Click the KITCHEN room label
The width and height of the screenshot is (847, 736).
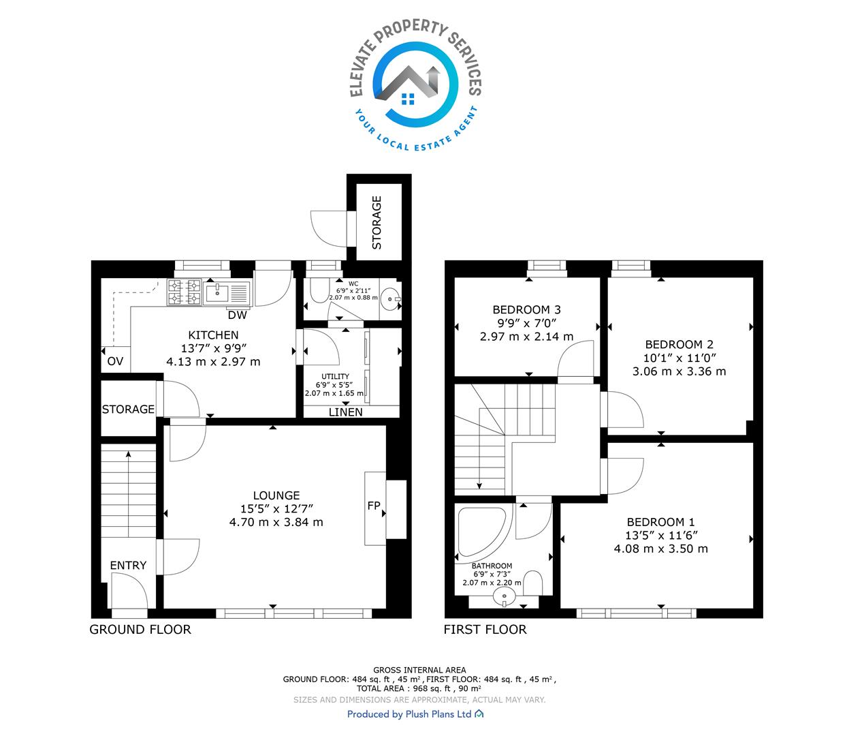coord(213,335)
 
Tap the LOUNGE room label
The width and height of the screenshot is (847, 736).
coord(276,495)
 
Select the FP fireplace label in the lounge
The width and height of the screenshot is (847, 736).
coord(373,505)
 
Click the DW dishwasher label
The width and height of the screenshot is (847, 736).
coord(237,316)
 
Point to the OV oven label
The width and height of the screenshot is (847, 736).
coord(115,361)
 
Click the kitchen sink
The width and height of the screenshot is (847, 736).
coord(227,293)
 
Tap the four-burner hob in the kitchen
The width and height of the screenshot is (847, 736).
coord(185,292)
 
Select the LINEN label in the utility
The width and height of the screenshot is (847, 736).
coord(346,412)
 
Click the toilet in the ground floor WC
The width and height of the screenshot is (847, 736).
coord(319,290)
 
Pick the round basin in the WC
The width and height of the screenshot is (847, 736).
coord(390,298)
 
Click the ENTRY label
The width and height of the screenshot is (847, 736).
coord(128,566)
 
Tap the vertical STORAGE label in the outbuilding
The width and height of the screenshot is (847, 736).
coord(377,222)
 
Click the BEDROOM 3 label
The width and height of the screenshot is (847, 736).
coord(526,309)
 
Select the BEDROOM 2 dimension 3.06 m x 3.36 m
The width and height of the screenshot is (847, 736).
coord(679,371)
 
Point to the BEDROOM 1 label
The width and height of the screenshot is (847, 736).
coord(660,522)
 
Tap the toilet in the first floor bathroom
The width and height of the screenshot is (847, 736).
coord(533,583)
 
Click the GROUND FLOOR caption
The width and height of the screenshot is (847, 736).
coord(140,630)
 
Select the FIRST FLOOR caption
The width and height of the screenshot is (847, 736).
coord(485,630)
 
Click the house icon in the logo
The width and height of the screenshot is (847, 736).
coord(408,86)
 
